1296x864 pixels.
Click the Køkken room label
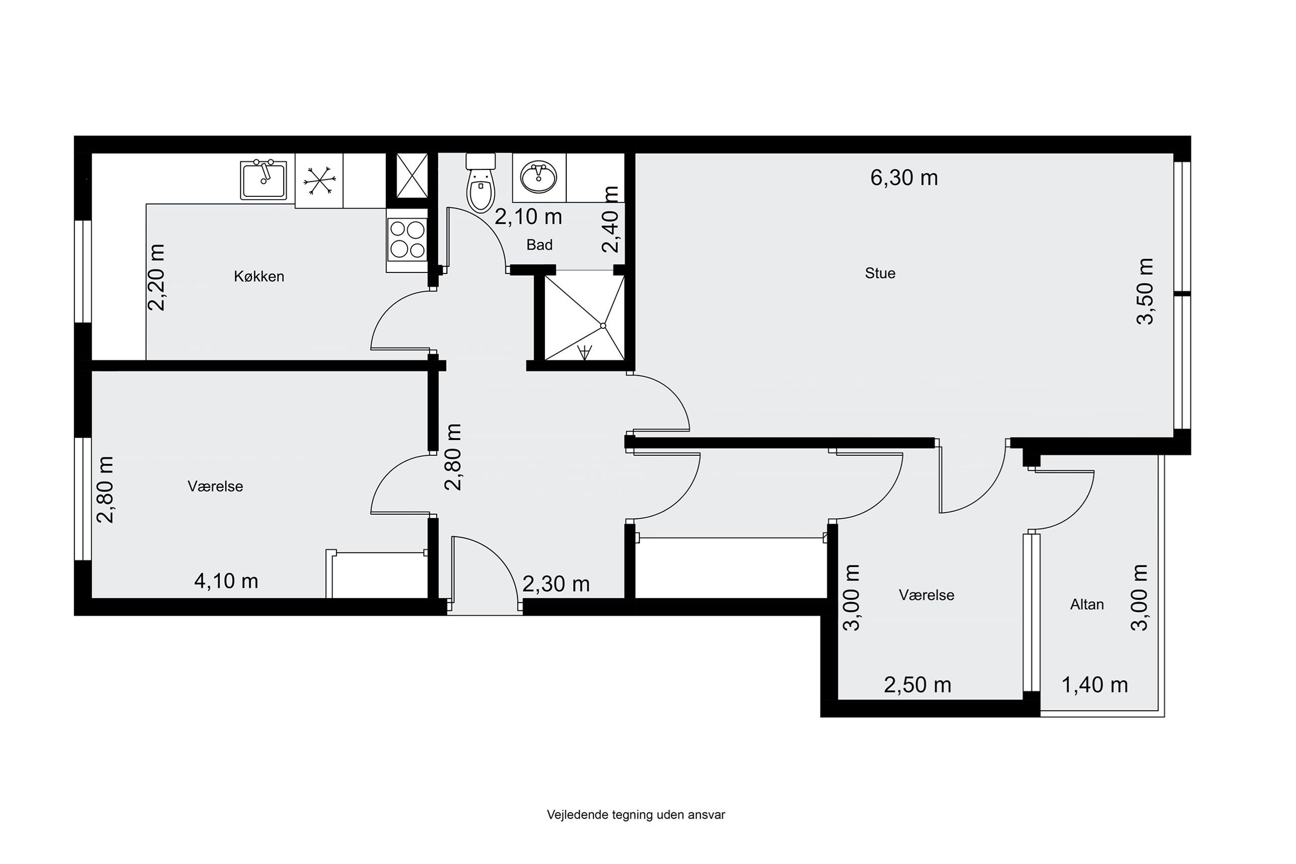point(259,276)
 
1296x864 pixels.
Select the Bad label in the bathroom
point(539,245)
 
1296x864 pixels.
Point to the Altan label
point(1087,604)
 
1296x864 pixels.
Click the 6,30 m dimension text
point(904,177)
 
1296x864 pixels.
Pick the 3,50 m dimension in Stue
point(1145,291)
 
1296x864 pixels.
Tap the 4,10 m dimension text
point(226,581)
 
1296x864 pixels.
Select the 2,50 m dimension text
point(917,685)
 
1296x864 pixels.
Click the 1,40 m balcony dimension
point(1094,685)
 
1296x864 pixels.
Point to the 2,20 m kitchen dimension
point(157,277)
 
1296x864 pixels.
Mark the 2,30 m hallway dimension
point(556,584)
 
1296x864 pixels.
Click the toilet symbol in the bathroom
point(481,182)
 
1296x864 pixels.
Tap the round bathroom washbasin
point(538,177)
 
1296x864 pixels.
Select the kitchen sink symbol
point(264,180)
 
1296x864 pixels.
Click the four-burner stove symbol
point(407,240)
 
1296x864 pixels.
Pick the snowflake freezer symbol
point(319,180)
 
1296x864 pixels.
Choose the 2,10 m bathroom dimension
point(528,217)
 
